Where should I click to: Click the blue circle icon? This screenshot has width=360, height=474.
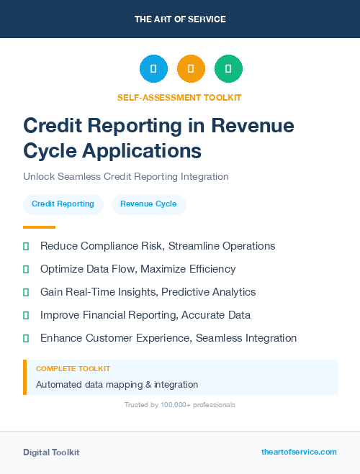point(153,68)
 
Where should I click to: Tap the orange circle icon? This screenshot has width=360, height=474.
point(191,68)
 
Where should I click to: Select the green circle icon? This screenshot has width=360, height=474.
point(228,68)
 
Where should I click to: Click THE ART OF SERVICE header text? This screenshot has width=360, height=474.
point(180,19)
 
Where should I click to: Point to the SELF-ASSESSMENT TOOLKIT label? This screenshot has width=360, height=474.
point(179,98)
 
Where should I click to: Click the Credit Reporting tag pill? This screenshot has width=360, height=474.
point(63,204)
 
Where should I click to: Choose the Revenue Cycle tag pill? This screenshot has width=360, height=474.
point(148,204)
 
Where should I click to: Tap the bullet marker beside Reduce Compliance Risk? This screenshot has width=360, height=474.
point(26,246)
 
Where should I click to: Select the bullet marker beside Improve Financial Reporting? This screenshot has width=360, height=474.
point(26,315)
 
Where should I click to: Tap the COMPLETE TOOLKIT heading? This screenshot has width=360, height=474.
point(73,368)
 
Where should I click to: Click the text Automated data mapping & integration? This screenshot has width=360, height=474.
point(117,385)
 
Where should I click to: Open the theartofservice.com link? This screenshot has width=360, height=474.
point(299,452)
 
